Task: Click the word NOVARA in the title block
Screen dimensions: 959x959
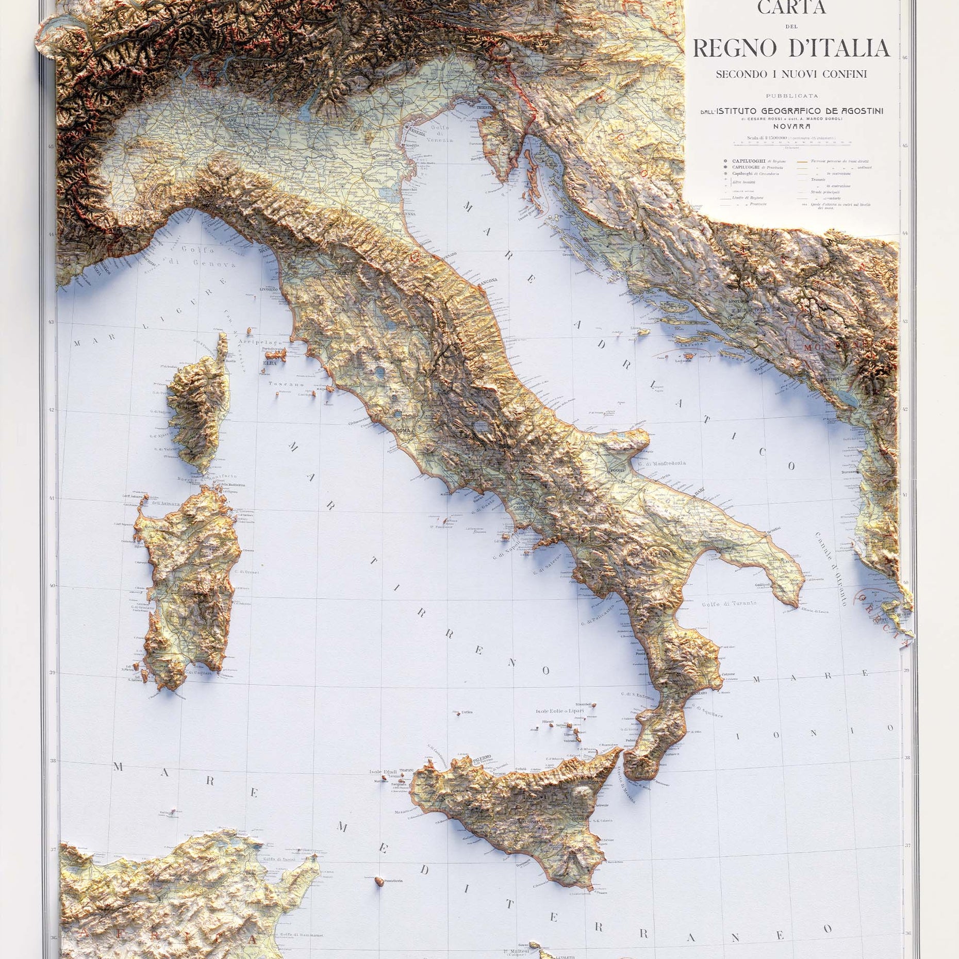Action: coord(791,126)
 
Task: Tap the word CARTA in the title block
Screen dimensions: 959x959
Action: coord(791,8)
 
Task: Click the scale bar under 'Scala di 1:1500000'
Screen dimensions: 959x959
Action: coord(791,143)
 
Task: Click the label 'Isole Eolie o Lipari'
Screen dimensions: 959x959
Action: coord(559,711)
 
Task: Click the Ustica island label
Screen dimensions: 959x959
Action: coord(467,712)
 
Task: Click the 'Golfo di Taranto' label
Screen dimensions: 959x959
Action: coord(729,603)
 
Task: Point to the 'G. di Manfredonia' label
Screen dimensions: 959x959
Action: coord(662,463)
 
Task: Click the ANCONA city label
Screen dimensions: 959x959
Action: coord(488,280)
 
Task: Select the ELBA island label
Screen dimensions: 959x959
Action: coord(270,363)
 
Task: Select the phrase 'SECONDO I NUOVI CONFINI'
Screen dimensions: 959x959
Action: coord(791,74)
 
